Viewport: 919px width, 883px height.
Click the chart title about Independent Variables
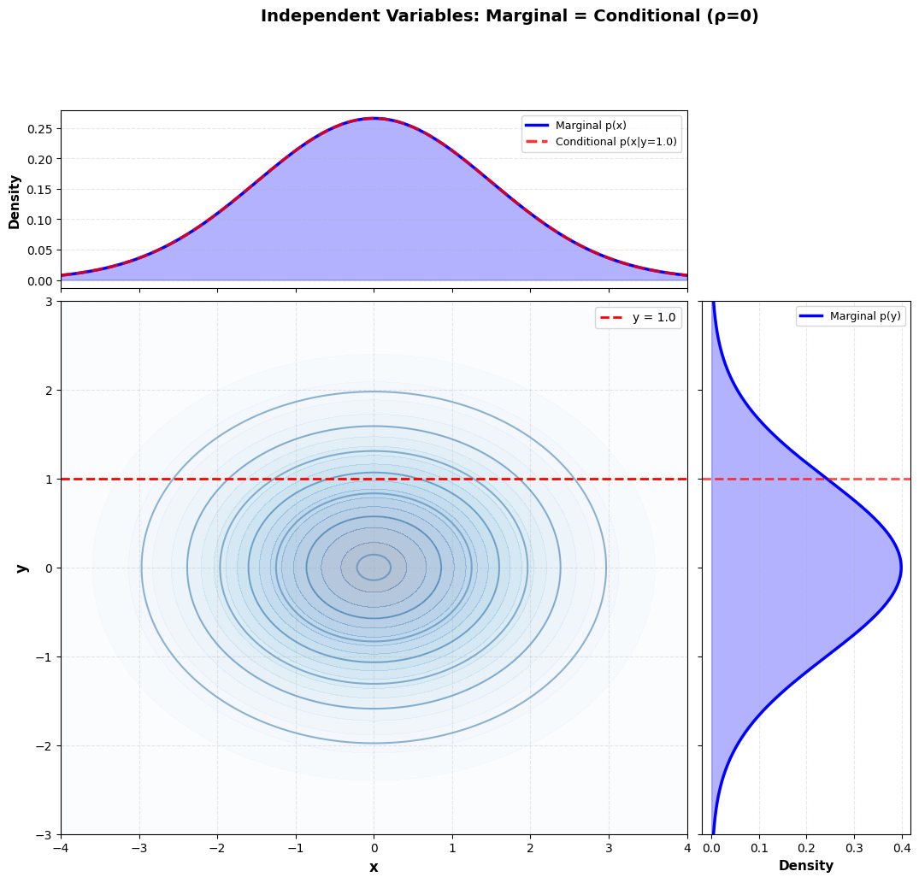(x=510, y=16)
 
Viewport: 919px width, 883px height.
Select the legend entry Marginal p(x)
(x=591, y=126)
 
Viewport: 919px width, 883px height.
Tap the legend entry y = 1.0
(x=653, y=318)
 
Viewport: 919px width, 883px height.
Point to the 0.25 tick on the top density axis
(x=39, y=129)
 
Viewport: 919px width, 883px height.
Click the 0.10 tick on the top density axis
(x=39, y=220)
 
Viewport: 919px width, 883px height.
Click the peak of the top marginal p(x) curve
(x=374, y=119)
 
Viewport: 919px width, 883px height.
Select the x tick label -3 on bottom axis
(x=138, y=848)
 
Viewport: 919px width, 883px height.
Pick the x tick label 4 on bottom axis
(x=687, y=848)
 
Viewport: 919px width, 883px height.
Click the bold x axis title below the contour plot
(x=374, y=867)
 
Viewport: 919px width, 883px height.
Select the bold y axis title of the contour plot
(x=22, y=568)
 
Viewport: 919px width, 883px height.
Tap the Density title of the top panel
(x=15, y=202)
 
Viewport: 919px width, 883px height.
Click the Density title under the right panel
(x=805, y=866)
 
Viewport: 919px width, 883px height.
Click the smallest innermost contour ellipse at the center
(x=374, y=568)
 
